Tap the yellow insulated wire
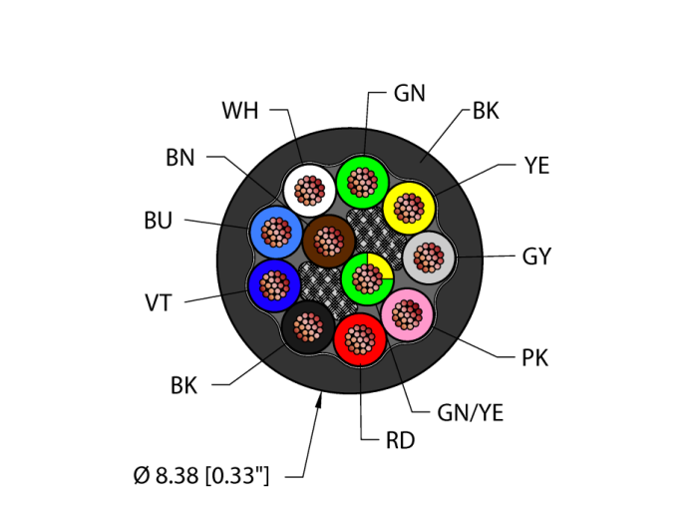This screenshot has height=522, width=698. click(409, 208)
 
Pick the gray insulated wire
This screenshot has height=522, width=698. click(429, 258)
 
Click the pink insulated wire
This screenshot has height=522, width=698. click(407, 314)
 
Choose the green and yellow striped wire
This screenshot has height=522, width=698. click(366, 277)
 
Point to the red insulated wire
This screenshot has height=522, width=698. click(359, 339)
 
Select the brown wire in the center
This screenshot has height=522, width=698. click(328, 241)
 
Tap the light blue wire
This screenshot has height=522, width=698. click(274, 232)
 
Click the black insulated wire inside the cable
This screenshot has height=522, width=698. click(307, 325)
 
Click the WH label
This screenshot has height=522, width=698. click(240, 111)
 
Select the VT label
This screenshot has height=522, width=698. click(159, 301)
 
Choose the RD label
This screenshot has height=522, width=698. click(400, 440)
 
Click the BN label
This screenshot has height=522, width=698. click(180, 158)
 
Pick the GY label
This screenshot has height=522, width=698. click(536, 257)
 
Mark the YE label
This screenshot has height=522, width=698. click(536, 166)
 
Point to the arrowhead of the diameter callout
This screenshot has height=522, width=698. click(320, 399)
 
